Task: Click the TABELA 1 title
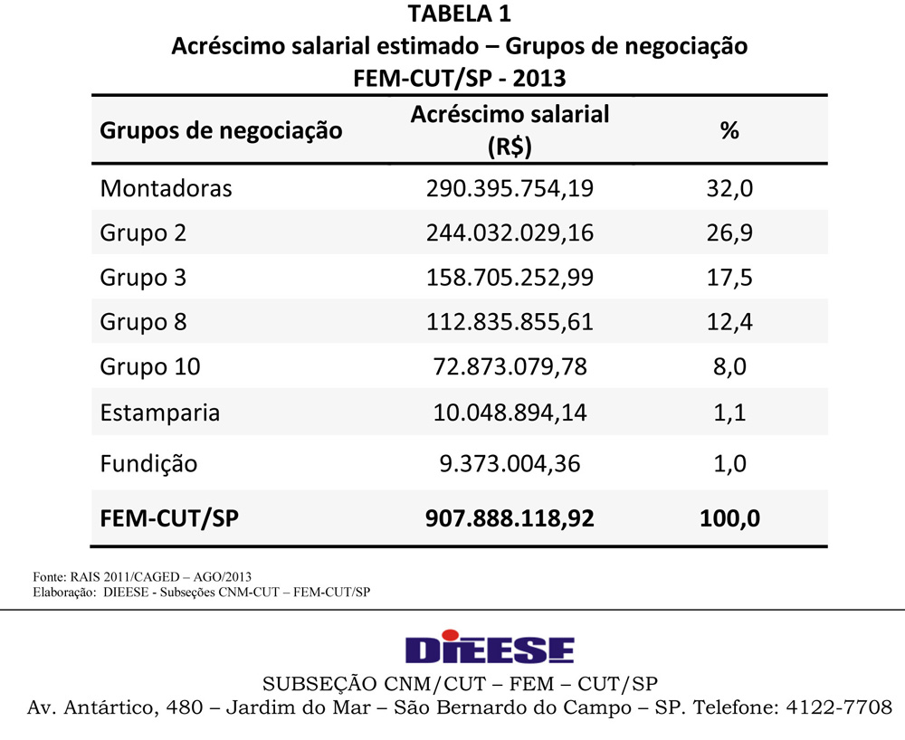pos(460,14)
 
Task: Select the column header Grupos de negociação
pos(221,129)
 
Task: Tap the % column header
pos(729,129)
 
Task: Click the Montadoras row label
pos(166,188)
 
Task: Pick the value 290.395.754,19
pos(510,188)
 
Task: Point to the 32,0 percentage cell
pos(729,188)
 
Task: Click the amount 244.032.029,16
pos(510,232)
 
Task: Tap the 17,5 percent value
pos(729,277)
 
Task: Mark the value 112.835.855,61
pos(510,321)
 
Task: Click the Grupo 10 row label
pos(150,366)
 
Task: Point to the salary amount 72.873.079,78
pos(510,366)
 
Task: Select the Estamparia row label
pos(160,413)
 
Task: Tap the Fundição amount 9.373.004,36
pos(510,463)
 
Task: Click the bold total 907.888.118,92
pos(510,518)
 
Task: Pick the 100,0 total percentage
pos(729,518)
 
